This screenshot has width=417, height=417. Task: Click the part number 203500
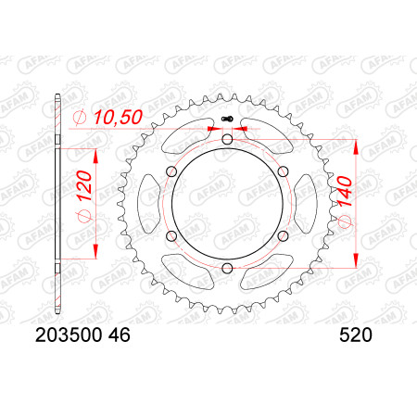pos(69,335)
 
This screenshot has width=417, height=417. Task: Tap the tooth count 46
pos(119,335)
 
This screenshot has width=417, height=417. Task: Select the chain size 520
pos(356,335)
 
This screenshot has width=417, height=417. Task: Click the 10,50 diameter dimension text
pos(118,117)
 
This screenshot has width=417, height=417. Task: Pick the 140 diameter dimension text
pos(345,192)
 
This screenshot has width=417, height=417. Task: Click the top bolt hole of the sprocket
pos(227,140)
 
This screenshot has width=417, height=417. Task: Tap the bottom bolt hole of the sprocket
pos(227,268)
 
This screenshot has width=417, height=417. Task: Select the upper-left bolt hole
pos(171,171)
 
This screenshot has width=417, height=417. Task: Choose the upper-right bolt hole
pos(283,171)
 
